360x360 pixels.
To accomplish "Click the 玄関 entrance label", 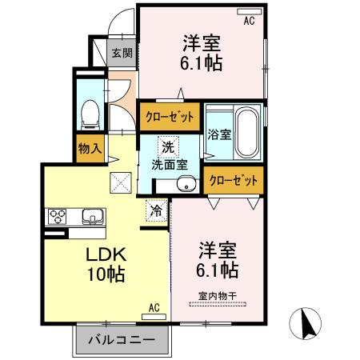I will (x=122, y=54).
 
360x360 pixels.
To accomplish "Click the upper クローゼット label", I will (x=170, y=117).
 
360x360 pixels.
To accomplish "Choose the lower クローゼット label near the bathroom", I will (x=234, y=180).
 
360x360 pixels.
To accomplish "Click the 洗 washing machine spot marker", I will (x=167, y=147).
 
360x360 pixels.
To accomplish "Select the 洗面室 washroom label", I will (x=170, y=164).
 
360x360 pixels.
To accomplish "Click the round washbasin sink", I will (x=187, y=185).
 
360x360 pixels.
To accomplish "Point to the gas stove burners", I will (x=59, y=217).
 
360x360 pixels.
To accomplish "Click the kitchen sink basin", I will (x=90, y=217).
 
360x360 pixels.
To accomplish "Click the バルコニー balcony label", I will (x=124, y=342).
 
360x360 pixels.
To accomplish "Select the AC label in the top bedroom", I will (x=249, y=22).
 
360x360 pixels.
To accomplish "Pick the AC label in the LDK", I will (x=154, y=306).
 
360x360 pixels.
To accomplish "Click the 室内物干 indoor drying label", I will (x=218, y=295).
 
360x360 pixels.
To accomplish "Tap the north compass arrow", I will (x=307, y=327).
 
